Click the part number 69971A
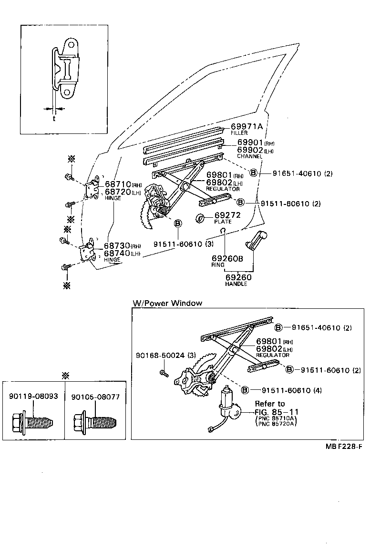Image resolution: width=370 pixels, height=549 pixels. pos(247,126)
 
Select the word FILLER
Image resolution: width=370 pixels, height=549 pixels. pos(239,133)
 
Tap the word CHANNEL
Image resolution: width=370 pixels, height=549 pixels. pos(249,156)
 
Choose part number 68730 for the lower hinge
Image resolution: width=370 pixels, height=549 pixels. pos(117,246)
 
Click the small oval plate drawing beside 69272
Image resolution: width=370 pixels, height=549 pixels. pos(201,218)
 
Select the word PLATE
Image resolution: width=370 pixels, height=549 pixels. pos(223,222)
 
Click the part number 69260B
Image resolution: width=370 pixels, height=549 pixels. pos(227,258)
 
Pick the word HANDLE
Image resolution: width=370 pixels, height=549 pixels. pos(236,284)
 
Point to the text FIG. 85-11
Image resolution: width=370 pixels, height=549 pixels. pos(276,412)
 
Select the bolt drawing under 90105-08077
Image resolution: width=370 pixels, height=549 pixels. pos(95,422)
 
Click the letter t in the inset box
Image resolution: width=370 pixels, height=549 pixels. pos(54,119)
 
